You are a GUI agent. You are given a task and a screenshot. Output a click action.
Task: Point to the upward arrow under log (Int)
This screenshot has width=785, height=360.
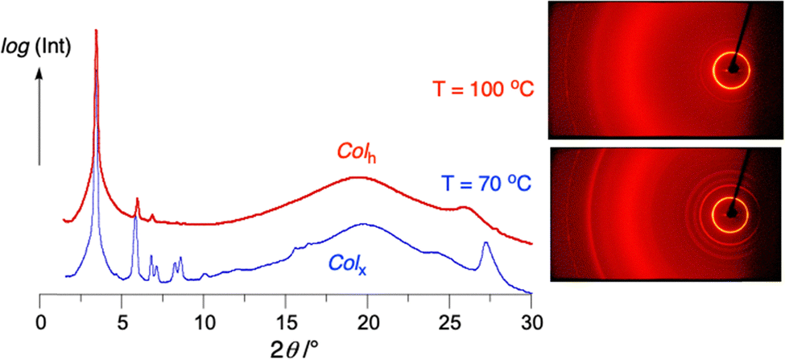pyautogui.click(x=41, y=113)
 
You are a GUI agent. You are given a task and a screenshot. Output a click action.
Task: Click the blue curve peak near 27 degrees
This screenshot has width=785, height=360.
pyautogui.click(x=485, y=243)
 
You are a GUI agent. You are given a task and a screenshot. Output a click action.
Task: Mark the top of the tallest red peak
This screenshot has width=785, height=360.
pyautogui.click(x=97, y=31)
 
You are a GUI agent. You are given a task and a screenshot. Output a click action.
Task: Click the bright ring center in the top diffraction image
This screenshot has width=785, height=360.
pyautogui.click(x=732, y=69)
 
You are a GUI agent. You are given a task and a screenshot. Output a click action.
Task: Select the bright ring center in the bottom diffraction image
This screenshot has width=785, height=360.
pyautogui.click(x=732, y=213)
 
